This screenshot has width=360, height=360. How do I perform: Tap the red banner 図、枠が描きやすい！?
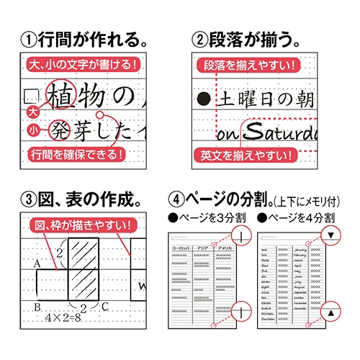coord(79,227)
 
